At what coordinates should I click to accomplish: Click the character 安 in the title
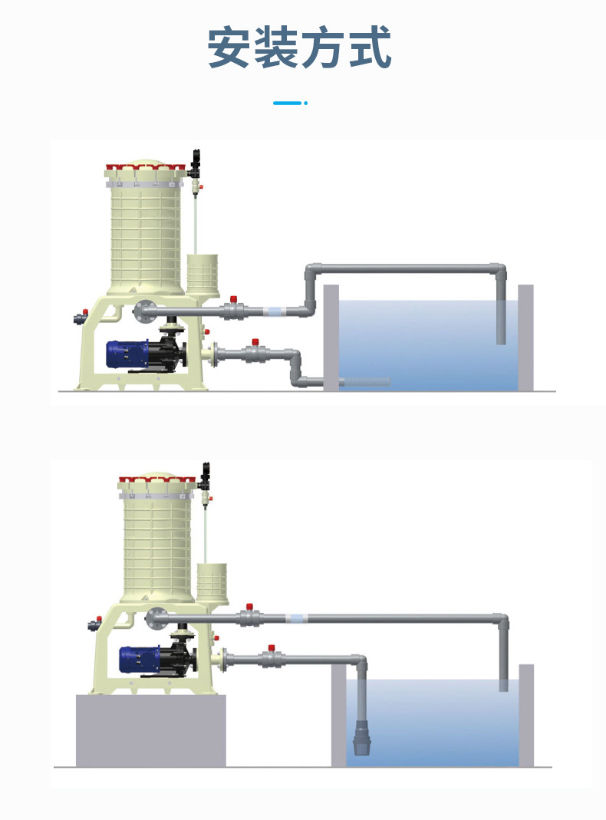(x=231, y=48)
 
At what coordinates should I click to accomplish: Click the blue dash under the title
(x=289, y=103)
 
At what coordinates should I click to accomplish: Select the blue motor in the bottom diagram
(x=139, y=660)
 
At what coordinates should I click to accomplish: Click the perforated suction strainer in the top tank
(x=364, y=381)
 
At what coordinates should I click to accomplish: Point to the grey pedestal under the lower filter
(x=150, y=729)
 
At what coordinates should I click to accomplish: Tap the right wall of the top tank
(x=525, y=338)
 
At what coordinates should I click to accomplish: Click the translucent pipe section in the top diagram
(x=274, y=311)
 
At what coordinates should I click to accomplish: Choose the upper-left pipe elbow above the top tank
(x=313, y=271)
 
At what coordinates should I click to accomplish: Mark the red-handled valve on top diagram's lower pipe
(x=254, y=352)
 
